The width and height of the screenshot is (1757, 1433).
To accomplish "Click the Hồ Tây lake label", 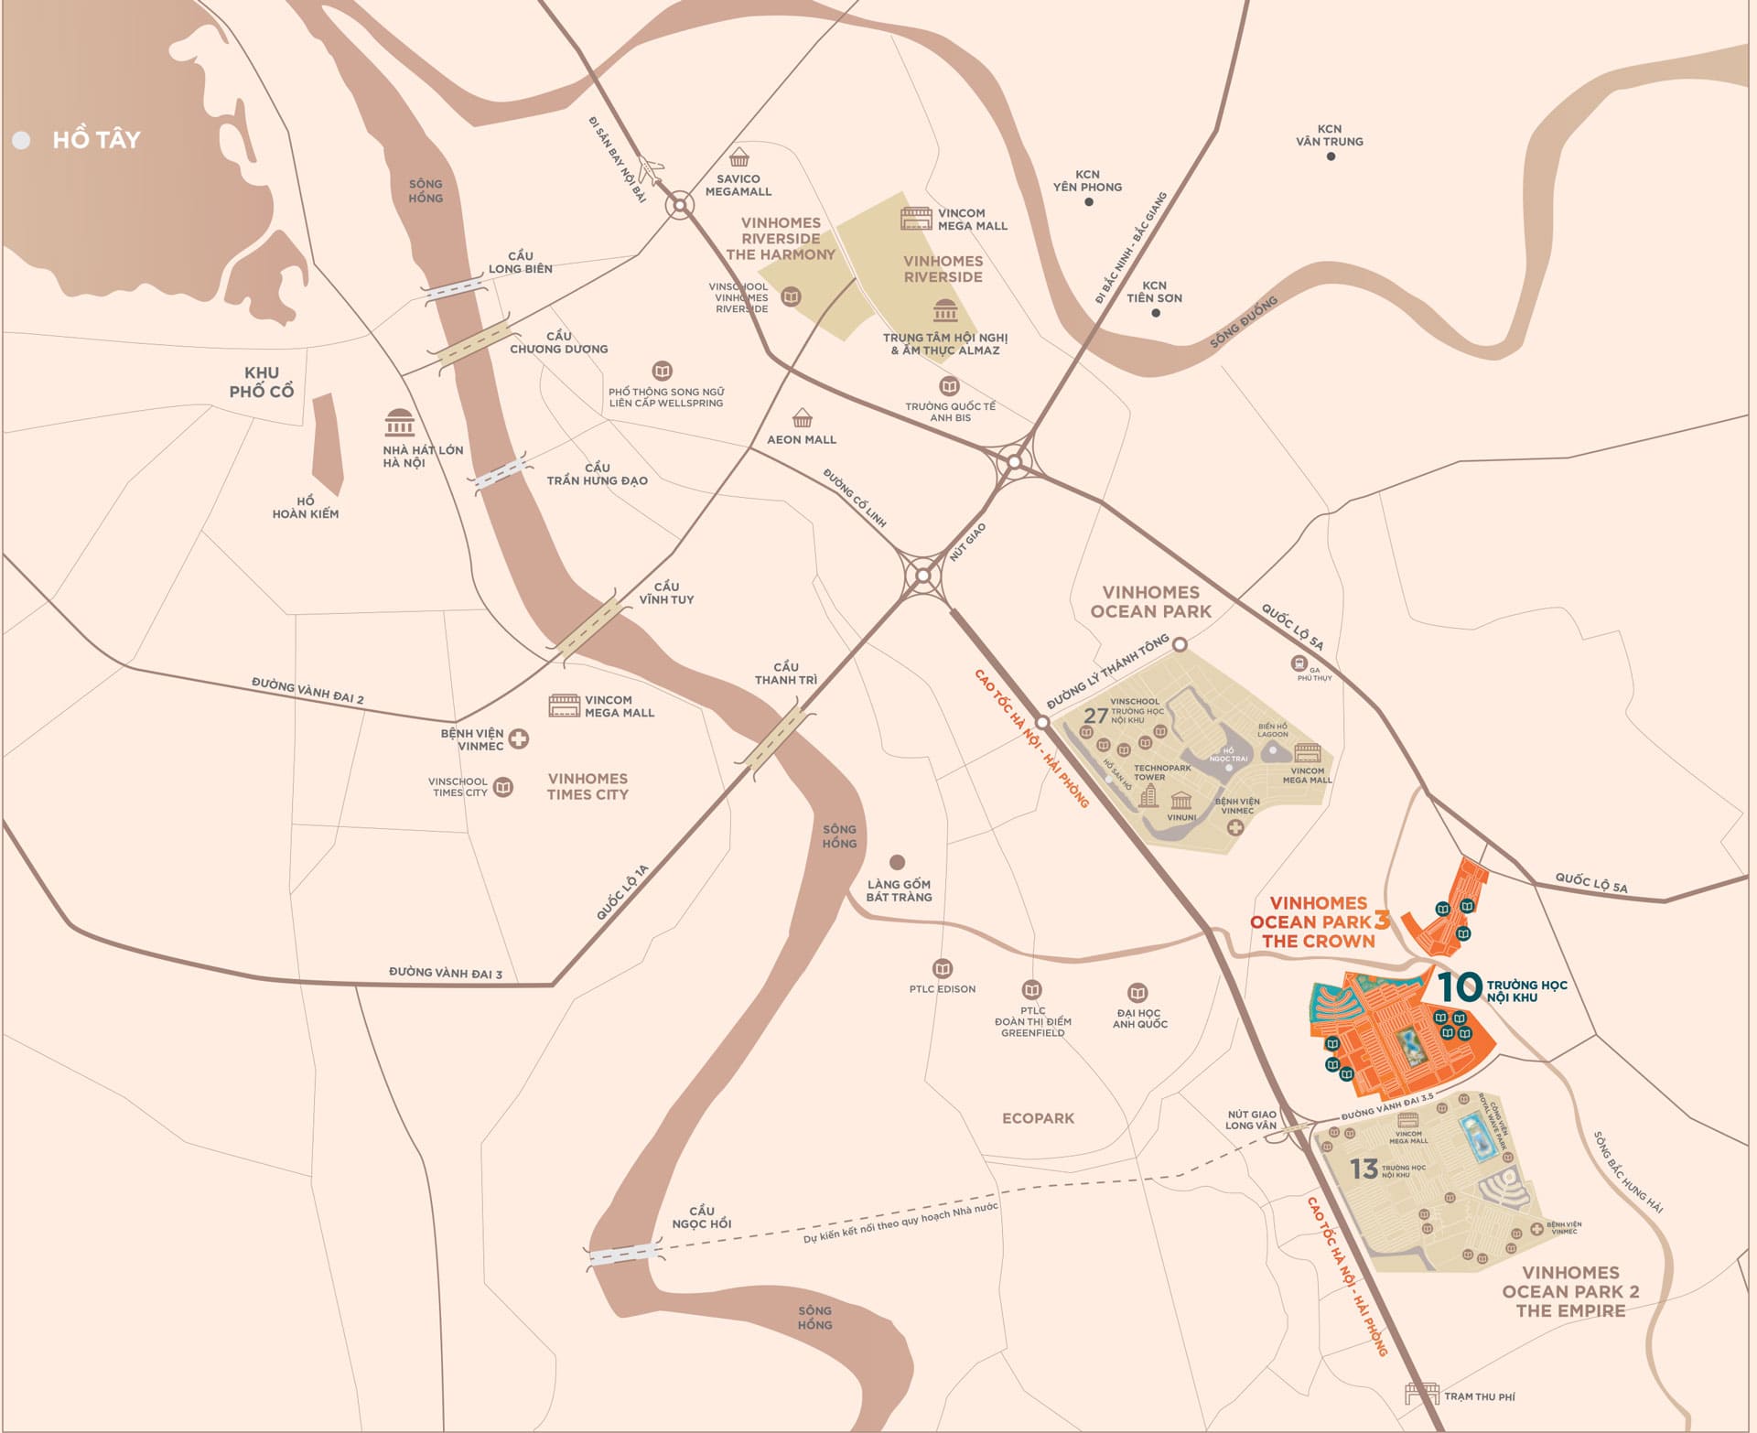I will click(x=96, y=140).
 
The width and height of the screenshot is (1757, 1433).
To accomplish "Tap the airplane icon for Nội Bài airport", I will click(x=651, y=170).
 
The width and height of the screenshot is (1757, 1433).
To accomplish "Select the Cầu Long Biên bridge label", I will click(x=520, y=263).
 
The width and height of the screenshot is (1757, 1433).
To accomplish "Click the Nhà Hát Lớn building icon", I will click(x=400, y=423).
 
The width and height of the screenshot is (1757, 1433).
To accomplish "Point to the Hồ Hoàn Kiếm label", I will click(x=305, y=508).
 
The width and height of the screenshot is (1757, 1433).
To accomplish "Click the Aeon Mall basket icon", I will click(x=803, y=418).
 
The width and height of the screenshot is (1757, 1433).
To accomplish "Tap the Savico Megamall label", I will click(x=738, y=185).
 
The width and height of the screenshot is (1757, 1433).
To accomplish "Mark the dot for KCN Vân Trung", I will click(x=1331, y=156).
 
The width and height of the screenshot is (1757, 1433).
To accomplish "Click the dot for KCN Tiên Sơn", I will click(x=1156, y=313).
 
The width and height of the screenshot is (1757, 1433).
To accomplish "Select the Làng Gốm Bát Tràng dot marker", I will click(x=898, y=862).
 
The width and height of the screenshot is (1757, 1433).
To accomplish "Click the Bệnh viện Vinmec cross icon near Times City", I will click(x=519, y=738).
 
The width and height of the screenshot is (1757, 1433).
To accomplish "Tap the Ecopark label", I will click(x=1038, y=1118).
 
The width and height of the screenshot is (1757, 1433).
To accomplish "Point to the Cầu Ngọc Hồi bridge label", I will click(x=702, y=1217).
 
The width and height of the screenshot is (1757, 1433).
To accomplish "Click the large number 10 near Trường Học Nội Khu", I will click(x=1459, y=986).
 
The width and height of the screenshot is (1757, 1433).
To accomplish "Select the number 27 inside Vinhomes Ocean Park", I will click(x=1095, y=716).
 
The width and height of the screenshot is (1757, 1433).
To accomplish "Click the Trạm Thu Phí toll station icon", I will click(x=1422, y=1394).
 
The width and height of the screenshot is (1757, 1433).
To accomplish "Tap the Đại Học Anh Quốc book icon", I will click(x=1137, y=993).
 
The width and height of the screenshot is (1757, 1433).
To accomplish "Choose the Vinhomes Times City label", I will click(x=587, y=786).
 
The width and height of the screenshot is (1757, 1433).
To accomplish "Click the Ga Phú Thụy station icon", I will click(x=1299, y=663).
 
